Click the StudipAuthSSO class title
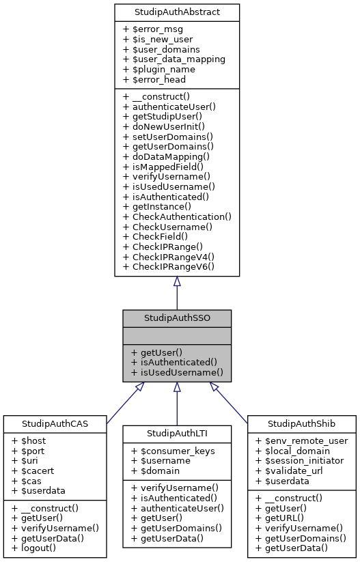pyautogui.click(x=177, y=318)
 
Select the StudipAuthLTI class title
pyautogui.click(x=177, y=434)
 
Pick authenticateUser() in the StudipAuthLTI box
pyautogui.click(x=176, y=507)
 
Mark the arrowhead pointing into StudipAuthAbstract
pyautogui.click(x=177, y=281)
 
